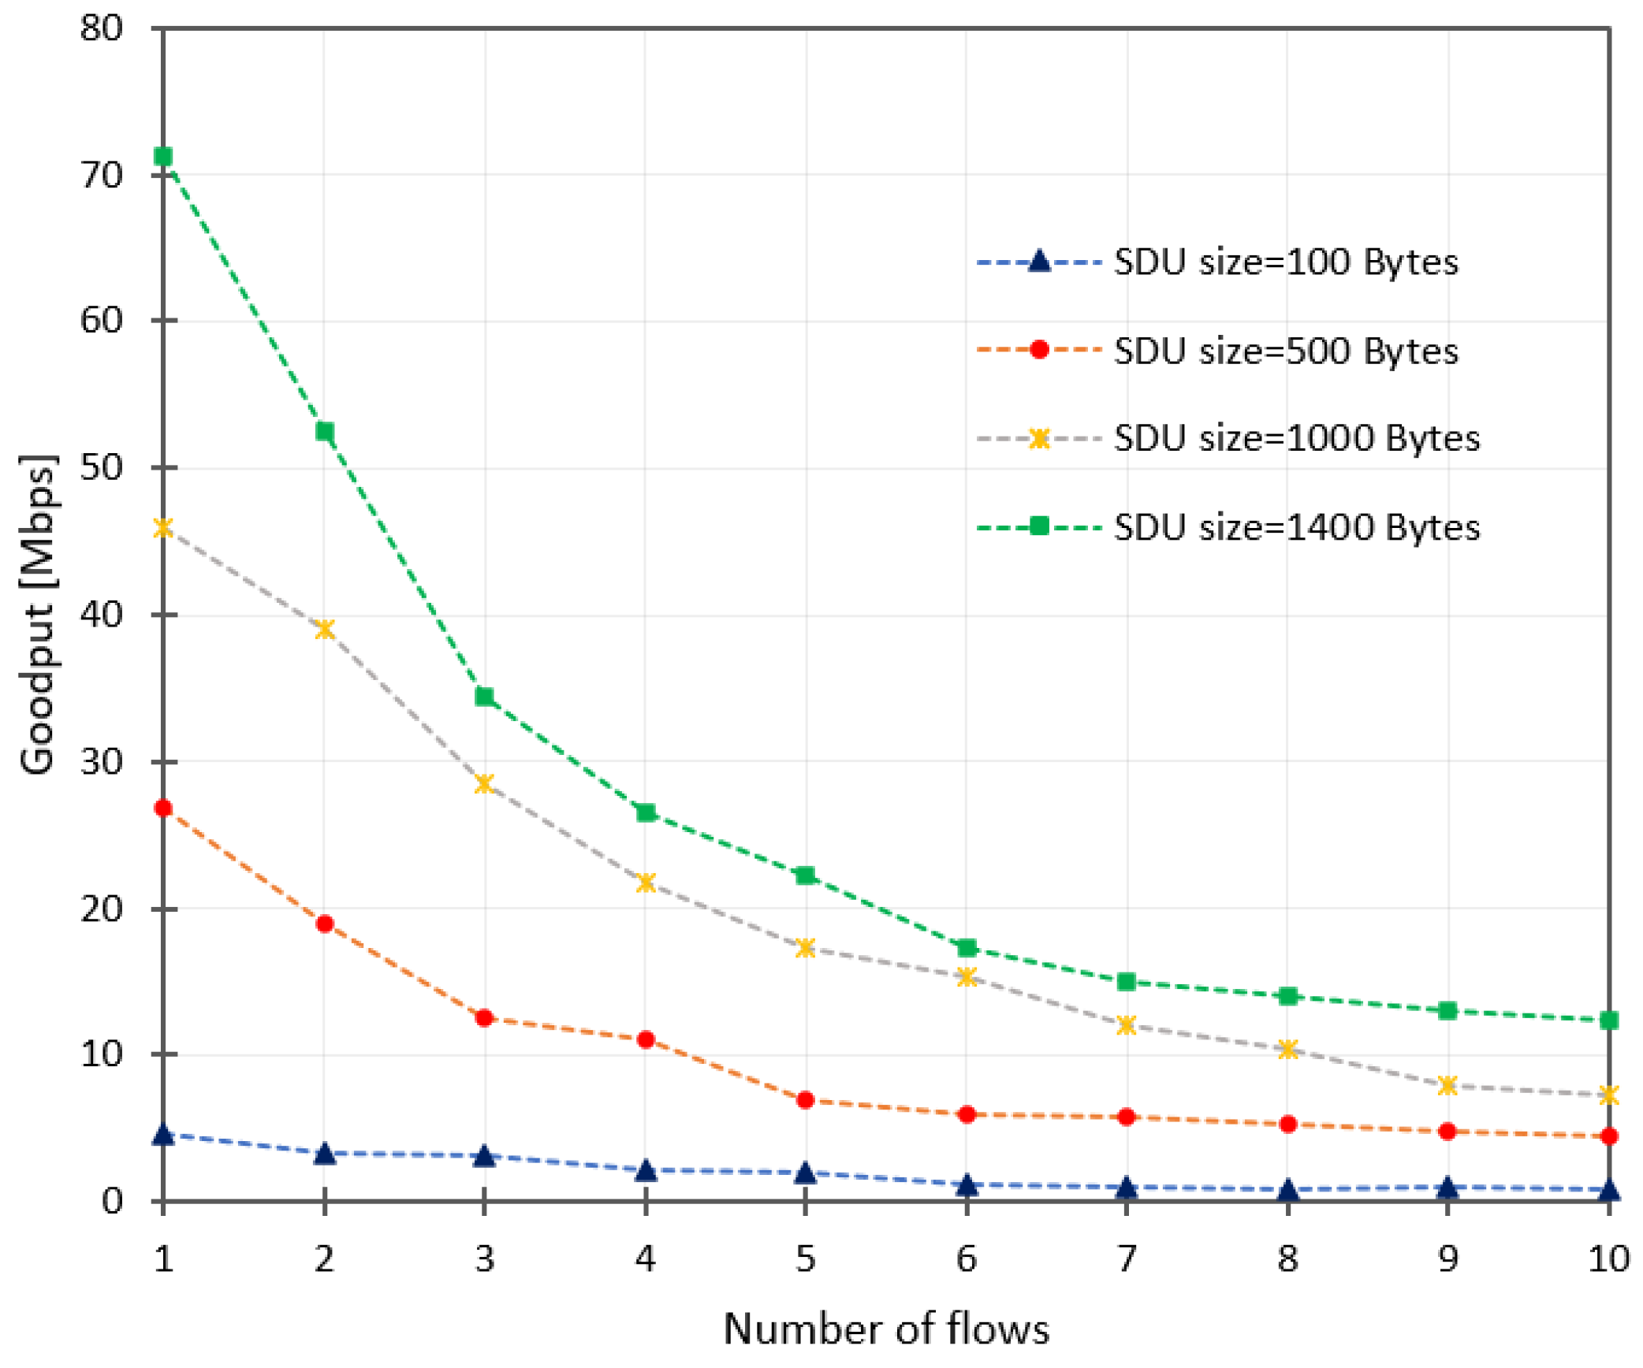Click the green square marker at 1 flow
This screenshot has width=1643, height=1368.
coord(163,157)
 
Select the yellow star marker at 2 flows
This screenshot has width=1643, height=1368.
coord(325,630)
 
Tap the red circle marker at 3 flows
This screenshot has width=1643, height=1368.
coord(485,1018)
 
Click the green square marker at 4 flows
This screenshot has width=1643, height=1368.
coord(646,812)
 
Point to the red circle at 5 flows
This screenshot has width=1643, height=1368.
coord(806,1100)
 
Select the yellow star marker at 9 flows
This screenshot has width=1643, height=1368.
coord(1447,1086)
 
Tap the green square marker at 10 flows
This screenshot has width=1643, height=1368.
coord(1609,1020)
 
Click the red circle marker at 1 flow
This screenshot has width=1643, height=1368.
coord(163,809)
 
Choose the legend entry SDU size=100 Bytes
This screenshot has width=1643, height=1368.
coord(1285,262)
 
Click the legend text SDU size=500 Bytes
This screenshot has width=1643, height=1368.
coord(1285,351)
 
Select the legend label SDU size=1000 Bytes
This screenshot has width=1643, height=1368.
coord(1296,438)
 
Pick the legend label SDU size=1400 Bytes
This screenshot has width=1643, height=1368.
coord(1296,527)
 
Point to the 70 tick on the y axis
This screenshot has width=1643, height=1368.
coord(102,175)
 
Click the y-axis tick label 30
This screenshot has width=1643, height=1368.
coord(102,762)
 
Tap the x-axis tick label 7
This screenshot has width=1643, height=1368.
coord(1127,1259)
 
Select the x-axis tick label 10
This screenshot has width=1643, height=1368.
coord(1608,1259)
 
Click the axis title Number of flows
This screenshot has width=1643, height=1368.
coord(886,1329)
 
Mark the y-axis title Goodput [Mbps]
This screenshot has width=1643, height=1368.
coord(38,615)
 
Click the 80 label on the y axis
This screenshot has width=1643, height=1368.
coord(102,28)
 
